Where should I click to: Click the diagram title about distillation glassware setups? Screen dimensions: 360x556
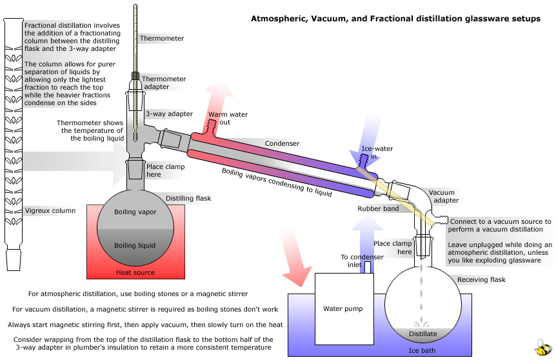[395, 19]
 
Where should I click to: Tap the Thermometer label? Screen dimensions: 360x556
[162, 39]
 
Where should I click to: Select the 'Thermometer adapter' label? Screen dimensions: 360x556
[168, 83]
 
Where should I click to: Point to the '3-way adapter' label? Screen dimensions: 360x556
[169, 114]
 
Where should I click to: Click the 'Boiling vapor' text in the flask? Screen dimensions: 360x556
[135, 212]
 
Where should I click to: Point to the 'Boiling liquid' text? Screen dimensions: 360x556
[135, 245]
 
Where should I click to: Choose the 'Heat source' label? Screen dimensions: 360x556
[135, 272]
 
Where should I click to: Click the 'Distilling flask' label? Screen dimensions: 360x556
[188, 198]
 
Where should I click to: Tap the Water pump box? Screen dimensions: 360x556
[343, 308]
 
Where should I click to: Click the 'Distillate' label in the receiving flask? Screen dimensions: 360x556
[423, 334]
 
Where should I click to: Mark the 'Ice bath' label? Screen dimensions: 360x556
[423, 351]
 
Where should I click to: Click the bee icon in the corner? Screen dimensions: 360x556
[543, 346]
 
